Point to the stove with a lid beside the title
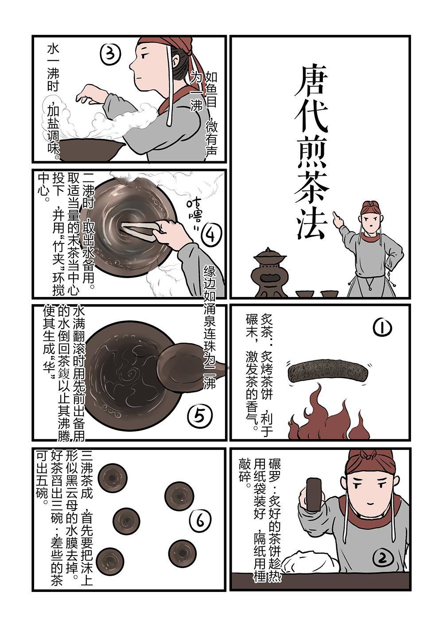pos(269,272)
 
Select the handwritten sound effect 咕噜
pos(193,213)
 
